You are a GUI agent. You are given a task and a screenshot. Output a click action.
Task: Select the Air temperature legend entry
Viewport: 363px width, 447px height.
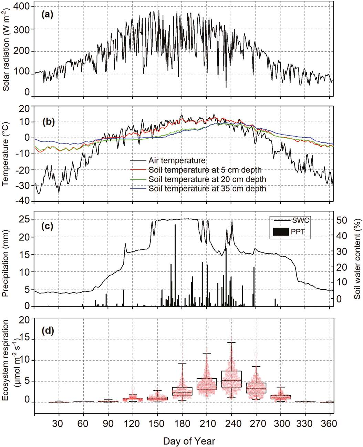tap(177, 161)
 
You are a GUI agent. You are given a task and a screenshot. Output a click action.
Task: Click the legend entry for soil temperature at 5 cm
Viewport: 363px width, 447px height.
tap(205, 170)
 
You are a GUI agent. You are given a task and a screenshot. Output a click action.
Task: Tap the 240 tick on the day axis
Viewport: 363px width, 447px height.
tap(231, 423)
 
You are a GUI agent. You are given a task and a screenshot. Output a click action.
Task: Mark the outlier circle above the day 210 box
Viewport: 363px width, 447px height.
tap(207, 327)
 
